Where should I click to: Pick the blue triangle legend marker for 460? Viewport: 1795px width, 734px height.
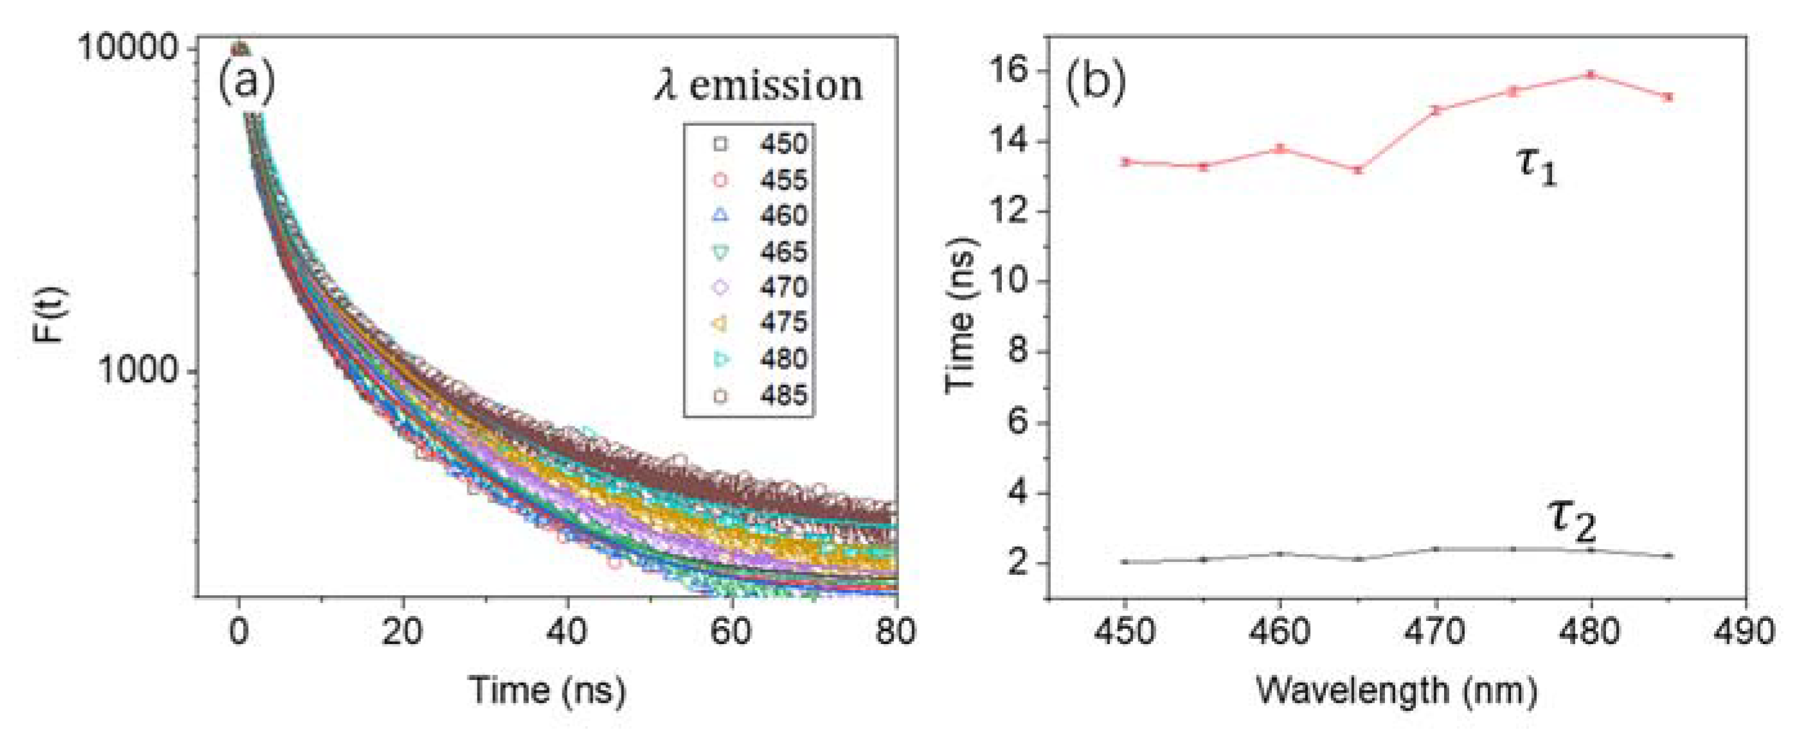pyautogui.click(x=720, y=216)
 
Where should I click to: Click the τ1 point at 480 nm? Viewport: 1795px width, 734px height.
pyautogui.click(x=1591, y=74)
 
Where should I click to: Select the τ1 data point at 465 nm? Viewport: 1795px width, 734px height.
pyautogui.click(x=1357, y=170)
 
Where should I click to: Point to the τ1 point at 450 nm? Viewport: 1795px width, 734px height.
pyautogui.click(x=1125, y=162)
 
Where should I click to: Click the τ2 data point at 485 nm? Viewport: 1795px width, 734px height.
pyautogui.click(x=1668, y=555)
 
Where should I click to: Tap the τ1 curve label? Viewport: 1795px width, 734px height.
pyautogui.click(x=1536, y=167)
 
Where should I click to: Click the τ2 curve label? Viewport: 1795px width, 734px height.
pyautogui.click(x=1571, y=520)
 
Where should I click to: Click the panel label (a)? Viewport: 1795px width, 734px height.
pyautogui.click(x=246, y=82)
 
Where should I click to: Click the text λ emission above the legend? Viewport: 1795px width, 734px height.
pyautogui.click(x=758, y=86)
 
